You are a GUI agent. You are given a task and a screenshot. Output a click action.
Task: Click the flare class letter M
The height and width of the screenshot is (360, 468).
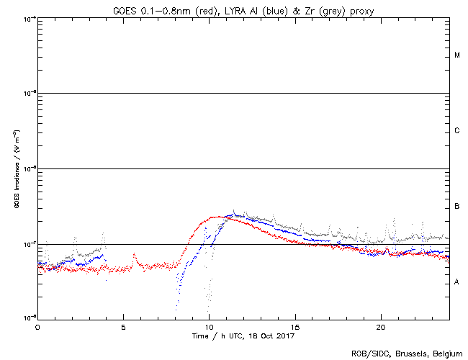tap(457, 55)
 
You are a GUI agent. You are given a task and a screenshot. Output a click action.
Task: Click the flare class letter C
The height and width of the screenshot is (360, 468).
tap(457, 130)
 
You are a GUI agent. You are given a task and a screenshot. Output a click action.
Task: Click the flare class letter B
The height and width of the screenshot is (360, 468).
tap(457, 207)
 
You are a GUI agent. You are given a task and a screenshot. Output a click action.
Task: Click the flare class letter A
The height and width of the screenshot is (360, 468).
tap(457, 282)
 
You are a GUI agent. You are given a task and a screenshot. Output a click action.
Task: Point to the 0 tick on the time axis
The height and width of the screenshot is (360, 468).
tap(37, 326)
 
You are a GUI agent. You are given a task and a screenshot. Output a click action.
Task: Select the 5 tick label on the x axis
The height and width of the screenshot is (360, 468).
tap(123, 326)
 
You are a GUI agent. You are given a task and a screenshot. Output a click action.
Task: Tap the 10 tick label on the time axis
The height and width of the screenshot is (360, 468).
tap(209, 326)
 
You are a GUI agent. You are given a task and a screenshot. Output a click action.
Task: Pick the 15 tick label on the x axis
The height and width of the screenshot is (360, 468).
tap(294, 326)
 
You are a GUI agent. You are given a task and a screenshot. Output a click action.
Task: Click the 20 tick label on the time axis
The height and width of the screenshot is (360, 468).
tap(380, 326)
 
